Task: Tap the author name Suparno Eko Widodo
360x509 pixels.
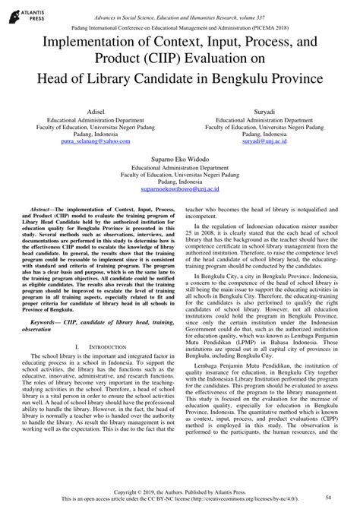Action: [179, 160]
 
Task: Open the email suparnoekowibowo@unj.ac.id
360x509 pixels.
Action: [179, 190]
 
